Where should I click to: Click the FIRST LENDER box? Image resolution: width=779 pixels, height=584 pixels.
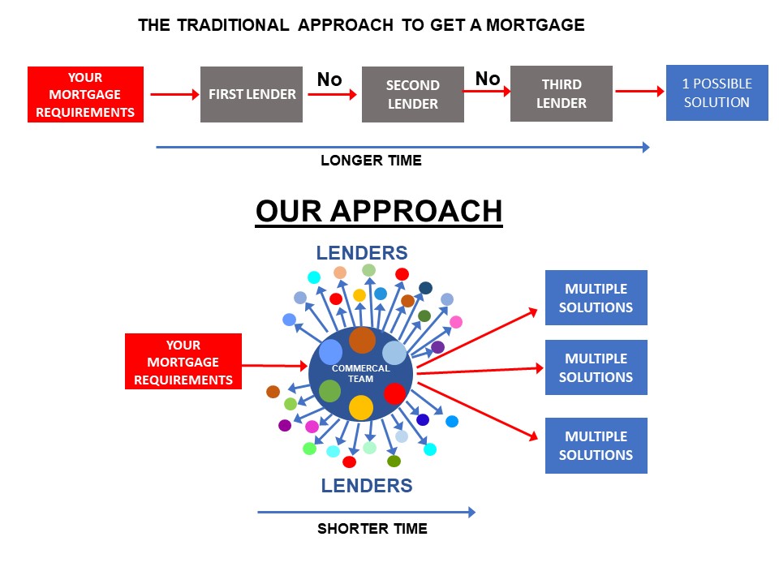pyautogui.click(x=252, y=94)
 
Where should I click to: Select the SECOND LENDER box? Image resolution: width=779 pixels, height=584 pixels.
pyautogui.click(x=413, y=94)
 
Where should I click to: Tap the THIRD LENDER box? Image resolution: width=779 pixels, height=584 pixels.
pyautogui.click(x=562, y=93)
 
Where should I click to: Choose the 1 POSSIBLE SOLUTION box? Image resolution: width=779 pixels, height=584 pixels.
pyautogui.click(x=717, y=92)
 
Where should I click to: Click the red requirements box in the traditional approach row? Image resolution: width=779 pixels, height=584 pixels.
pyautogui.click(x=85, y=94)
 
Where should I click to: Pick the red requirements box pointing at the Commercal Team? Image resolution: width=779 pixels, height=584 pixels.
pyautogui.click(x=183, y=362)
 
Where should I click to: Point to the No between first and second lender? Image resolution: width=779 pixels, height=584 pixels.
pyautogui.click(x=329, y=79)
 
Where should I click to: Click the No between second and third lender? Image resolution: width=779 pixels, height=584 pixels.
pyautogui.click(x=488, y=79)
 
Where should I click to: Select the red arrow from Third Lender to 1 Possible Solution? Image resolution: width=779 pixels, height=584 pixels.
pyautogui.click(x=640, y=91)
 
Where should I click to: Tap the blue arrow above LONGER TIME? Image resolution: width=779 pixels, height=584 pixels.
pyautogui.click(x=403, y=147)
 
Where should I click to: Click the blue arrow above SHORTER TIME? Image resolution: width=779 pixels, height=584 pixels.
pyautogui.click(x=367, y=512)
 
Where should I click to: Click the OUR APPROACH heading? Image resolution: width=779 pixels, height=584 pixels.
pyautogui.click(x=379, y=211)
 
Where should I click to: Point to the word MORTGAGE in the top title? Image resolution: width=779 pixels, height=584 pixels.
pyautogui.click(x=535, y=25)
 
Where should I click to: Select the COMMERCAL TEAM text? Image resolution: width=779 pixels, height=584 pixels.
pyautogui.click(x=360, y=373)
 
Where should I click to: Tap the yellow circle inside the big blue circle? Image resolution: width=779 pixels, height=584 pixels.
pyautogui.click(x=361, y=408)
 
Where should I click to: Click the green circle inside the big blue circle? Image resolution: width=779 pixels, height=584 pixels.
pyautogui.click(x=329, y=391)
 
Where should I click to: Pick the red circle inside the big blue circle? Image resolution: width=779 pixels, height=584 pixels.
pyautogui.click(x=395, y=394)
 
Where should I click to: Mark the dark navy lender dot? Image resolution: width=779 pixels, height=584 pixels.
pyautogui.click(x=426, y=288)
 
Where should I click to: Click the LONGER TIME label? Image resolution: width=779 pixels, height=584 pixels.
pyautogui.click(x=371, y=161)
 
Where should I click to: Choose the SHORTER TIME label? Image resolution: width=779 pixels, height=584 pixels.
pyautogui.click(x=372, y=528)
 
